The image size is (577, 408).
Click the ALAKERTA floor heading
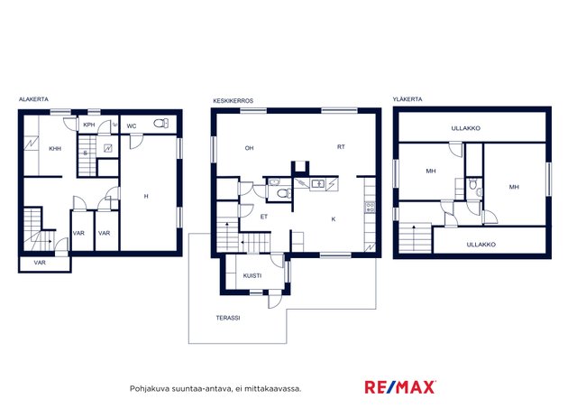point(33,99)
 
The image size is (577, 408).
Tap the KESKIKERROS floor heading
point(234,100)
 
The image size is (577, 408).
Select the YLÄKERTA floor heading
point(408,99)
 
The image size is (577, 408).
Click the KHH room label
point(55,149)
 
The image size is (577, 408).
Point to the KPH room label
point(89,125)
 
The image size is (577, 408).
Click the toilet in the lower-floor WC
point(160,124)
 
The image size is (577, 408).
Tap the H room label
point(146,197)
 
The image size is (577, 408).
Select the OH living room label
point(249,148)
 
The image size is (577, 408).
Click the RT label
point(341,147)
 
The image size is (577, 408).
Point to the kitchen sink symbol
point(317,183)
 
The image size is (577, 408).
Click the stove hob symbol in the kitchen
point(370,207)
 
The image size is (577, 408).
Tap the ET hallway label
point(264,217)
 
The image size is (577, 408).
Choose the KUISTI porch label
point(252,275)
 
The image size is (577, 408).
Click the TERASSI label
point(228,318)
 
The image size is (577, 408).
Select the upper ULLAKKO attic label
point(466,128)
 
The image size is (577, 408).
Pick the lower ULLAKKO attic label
point(481,245)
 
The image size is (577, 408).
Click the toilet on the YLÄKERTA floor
point(474,183)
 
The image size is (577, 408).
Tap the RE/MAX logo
point(400,387)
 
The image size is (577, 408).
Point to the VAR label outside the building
point(40,263)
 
